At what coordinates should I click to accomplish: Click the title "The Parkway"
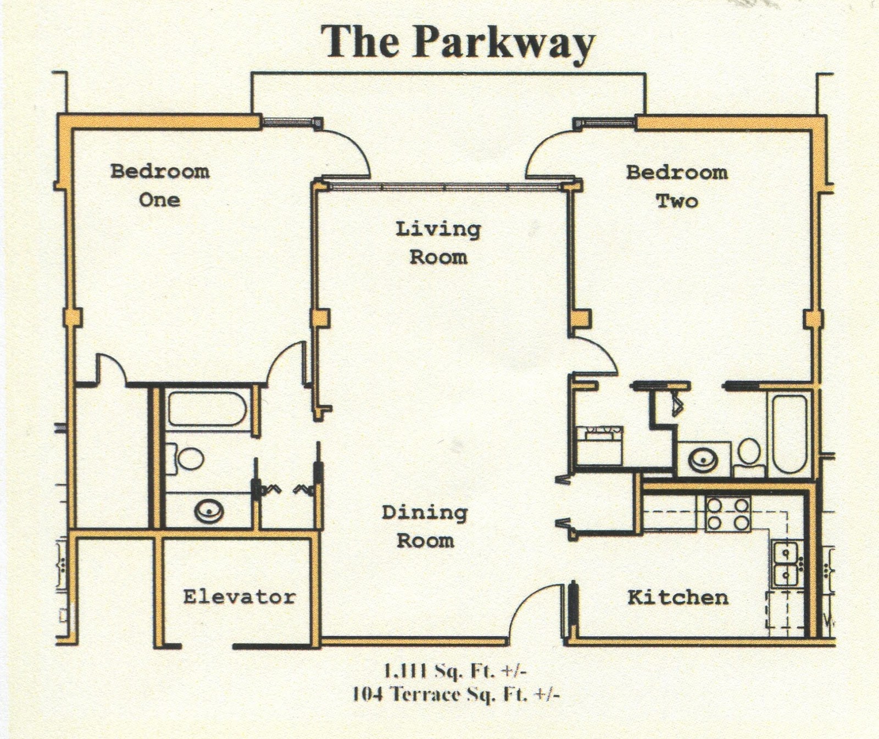click(458, 42)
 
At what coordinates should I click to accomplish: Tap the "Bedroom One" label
click(160, 185)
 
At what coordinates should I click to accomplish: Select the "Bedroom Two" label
click(677, 187)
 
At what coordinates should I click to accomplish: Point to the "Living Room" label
click(438, 243)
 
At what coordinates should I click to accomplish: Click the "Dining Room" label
click(425, 527)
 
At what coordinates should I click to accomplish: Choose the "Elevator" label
click(239, 597)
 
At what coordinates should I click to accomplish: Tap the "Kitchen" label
click(678, 597)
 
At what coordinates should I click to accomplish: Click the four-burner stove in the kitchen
click(728, 514)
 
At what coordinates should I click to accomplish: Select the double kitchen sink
click(786, 563)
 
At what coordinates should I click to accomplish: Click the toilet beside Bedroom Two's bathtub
click(748, 456)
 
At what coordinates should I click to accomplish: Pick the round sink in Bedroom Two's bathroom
click(703, 460)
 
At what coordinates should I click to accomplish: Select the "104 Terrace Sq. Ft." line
click(456, 694)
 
